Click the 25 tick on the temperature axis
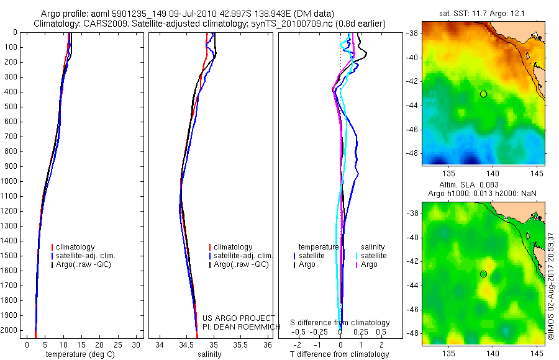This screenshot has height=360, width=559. (x=118, y=344)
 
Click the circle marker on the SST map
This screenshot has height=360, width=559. (x=483, y=94)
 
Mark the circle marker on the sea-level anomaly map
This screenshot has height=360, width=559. (x=483, y=274)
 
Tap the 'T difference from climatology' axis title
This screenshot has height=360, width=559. (x=339, y=354)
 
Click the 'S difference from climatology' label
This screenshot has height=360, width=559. (x=340, y=323)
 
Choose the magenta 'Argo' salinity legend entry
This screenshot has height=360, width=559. (x=369, y=264)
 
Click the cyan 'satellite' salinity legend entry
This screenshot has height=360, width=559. (x=373, y=256)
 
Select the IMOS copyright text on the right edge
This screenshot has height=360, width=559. (x=550, y=286)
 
